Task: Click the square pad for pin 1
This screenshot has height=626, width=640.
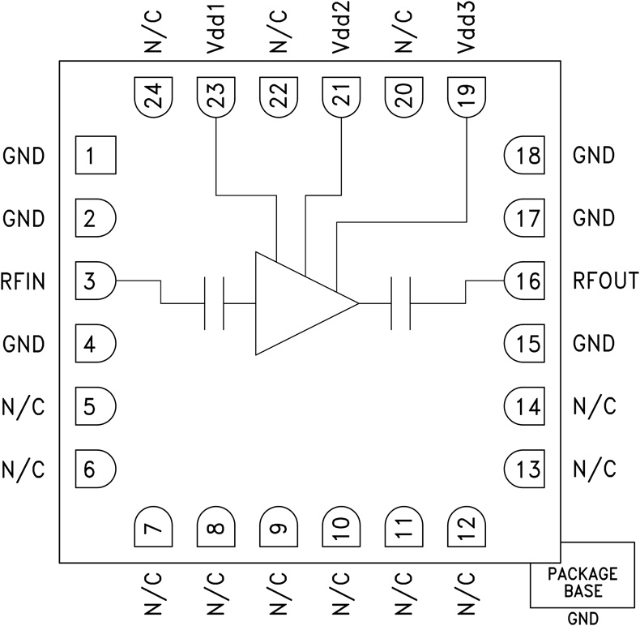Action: [96, 155]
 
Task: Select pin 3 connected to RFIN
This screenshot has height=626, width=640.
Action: [96, 281]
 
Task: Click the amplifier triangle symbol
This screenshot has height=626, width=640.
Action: [300, 302]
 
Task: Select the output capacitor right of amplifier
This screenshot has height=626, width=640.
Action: [400, 303]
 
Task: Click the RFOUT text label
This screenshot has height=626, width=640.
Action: [605, 281]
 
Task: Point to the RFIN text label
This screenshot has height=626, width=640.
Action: [24, 281]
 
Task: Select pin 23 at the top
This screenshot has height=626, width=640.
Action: [215, 98]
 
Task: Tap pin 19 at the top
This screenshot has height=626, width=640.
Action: [467, 98]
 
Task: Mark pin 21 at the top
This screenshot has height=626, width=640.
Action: [341, 98]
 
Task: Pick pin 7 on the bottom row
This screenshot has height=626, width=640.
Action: [152, 528]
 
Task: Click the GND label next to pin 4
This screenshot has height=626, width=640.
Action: [24, 345]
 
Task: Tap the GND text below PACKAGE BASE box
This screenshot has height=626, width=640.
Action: [582, 618]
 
